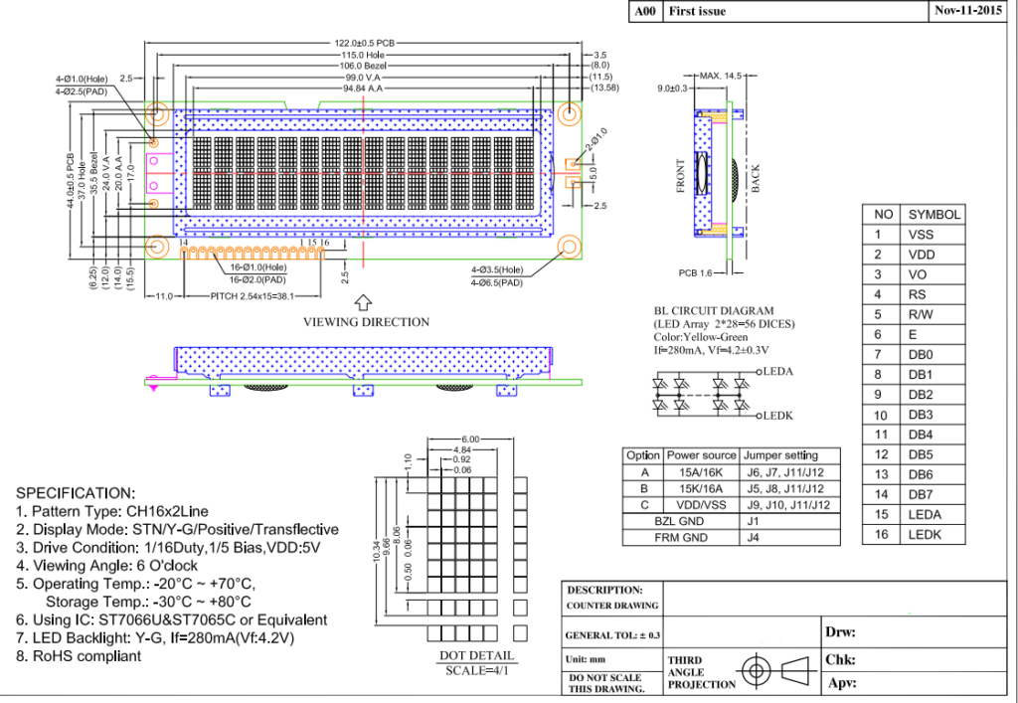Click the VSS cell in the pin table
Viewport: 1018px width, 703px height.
[920, 235]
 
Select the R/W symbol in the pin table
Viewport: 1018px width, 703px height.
[920, 314]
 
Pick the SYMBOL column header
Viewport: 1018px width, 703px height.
[933, 215]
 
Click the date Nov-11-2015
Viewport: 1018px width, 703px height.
[967, 11]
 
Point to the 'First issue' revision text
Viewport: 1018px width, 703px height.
[697, 12]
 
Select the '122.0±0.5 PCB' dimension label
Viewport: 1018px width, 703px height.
[364, 43]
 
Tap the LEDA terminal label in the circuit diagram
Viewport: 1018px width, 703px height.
[780, 371]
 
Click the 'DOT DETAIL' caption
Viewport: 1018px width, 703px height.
[477, 655]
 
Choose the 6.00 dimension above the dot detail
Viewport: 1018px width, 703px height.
[469, 439]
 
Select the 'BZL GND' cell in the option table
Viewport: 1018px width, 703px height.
[680, 521]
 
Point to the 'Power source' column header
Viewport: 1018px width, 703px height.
[702, 455]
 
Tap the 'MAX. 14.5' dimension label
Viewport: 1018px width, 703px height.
[721, 76]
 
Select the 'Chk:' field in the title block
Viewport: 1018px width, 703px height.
[840, 659]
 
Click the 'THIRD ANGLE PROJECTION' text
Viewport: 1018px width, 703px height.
[701, 672]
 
